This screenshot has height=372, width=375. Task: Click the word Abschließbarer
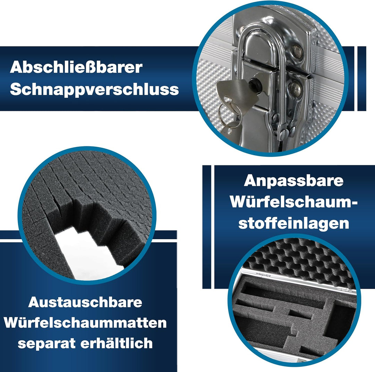(x=76, y=68)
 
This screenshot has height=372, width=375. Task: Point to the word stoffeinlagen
(x=294, y=223)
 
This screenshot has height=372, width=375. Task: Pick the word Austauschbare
(x=85, y=302)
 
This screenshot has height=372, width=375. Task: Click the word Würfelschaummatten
(x=85, y=323)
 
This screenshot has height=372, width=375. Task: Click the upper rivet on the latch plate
(x=296, y=52)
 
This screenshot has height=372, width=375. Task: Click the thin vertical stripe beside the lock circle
(x=361, y=79)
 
